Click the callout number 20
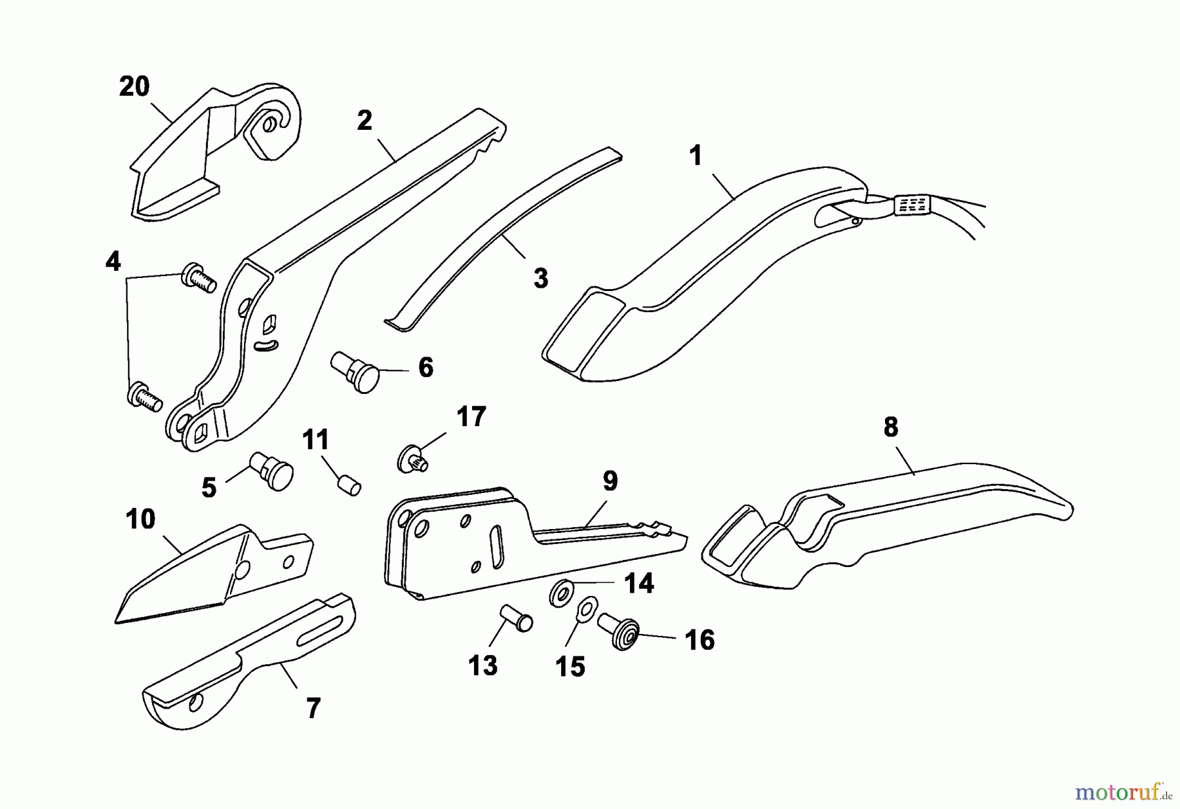pyautogui.click(x=134, y=87)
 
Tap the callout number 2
pyautogui.click(x=364, y=120)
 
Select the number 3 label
pyautogui.click(x=540, y=278)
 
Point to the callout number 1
pyautogui.click(x=696, y=155)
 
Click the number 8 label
pyautogui.click(x=890, y=427)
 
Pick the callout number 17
pyautogui.click(x=471, y=416)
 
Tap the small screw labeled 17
pyautogui.click(x=412, y=457)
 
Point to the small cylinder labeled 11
pyautogui.click(x=349, y=487)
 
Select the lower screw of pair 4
pyautogui.click(x=144, y=397)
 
